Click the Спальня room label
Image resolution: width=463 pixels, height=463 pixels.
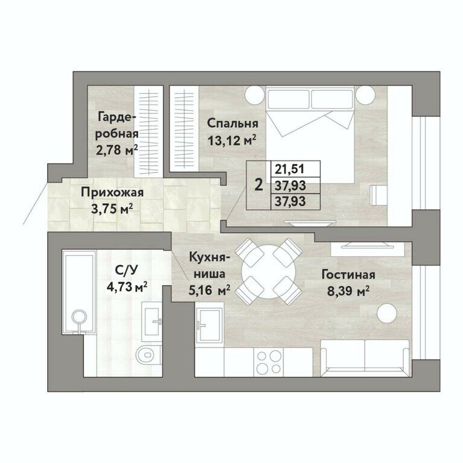[x=232, y=124]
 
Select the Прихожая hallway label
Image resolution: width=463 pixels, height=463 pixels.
[x=112, y=193]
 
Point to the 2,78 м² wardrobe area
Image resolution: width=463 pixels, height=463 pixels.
[x=117, y=150]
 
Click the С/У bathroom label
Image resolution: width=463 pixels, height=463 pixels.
[x=127, y=270]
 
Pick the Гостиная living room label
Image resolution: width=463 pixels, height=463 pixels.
[x=348, y=275]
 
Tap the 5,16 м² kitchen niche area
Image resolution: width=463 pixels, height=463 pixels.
[x=209, y=291]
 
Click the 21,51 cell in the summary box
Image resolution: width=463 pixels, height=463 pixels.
[x=290, y=169]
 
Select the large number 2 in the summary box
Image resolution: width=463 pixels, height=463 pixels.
[x=259, y=186]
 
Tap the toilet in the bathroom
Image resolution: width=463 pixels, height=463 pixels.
[x=148, y=354]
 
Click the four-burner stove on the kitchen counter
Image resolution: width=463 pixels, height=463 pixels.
[x=269, y=362]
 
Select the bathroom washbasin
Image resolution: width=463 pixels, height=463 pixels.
[x=152, y=321]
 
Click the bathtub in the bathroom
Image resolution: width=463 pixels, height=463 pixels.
[x=78, y=292]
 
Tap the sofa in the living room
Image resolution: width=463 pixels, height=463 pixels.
[x=365, y=358]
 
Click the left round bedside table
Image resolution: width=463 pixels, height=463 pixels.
[x=254, y=95]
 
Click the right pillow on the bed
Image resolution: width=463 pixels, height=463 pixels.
[x=332, y=99]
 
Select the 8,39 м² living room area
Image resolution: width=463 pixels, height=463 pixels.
[x=348, y=292]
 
